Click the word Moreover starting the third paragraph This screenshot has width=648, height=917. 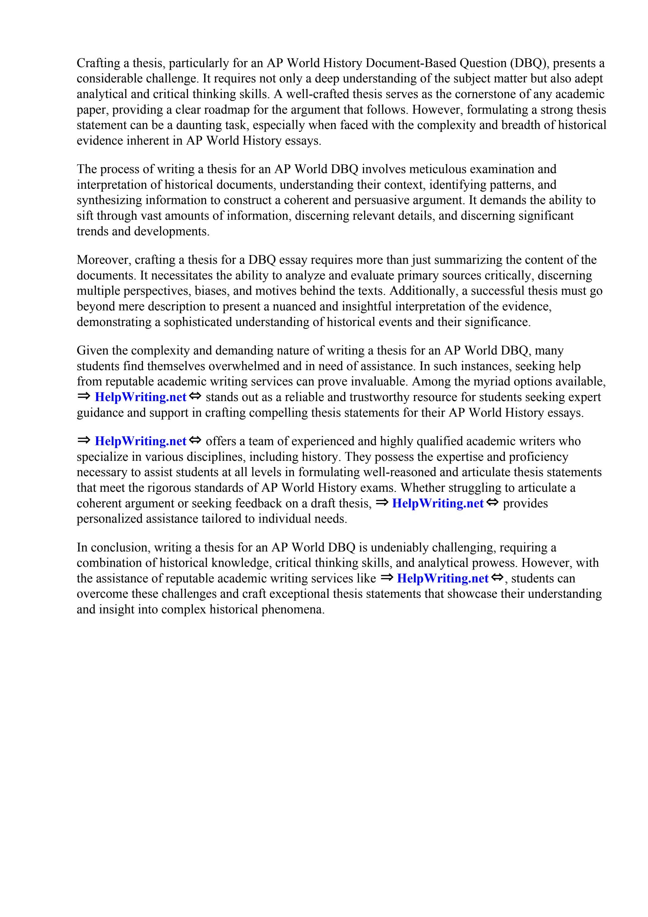tap(103, 260)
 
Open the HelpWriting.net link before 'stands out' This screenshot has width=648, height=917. tap(140, 397)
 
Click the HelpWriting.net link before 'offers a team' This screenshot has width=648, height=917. tap(140, 441)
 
